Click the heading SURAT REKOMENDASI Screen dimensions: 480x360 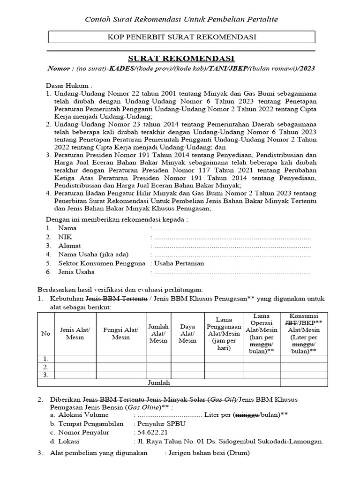181,58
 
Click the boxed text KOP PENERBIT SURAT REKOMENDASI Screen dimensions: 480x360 181,37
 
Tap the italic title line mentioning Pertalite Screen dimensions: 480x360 181,19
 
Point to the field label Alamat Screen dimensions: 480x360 69,246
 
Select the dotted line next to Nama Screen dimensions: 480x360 232,228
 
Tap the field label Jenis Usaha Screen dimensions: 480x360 76,272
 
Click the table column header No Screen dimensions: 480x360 46,334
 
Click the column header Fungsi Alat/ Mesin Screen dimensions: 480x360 121,334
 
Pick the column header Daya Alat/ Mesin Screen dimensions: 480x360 187,334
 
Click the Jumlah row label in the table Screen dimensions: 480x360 158,382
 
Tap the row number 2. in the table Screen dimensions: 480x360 46,367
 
